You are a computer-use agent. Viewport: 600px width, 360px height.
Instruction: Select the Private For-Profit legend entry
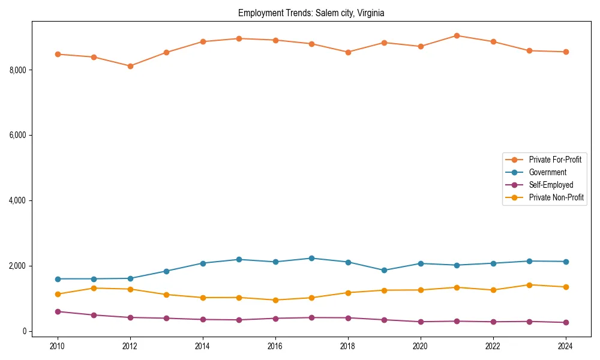555,160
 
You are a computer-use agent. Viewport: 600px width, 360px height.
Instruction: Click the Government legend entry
547,172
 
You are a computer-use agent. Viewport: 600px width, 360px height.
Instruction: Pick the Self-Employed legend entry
551,185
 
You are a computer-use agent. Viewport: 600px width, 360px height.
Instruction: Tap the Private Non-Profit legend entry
556,197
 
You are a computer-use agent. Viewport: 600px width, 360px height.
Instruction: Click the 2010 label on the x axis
58,346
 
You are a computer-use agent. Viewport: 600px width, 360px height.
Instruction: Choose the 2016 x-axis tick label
275,346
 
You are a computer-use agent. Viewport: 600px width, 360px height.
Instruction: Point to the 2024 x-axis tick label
565,346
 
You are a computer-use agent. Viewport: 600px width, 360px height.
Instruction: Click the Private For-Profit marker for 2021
457,35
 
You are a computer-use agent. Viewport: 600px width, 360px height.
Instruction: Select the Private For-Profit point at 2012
130,66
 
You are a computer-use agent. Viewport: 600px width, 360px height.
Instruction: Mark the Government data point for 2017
311,258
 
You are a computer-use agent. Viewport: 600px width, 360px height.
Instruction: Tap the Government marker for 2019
384,270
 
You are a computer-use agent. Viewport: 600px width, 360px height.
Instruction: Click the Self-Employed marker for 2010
58,311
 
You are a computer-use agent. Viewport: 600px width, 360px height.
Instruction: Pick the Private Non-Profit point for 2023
529,285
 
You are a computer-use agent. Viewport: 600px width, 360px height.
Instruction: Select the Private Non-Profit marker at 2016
275,300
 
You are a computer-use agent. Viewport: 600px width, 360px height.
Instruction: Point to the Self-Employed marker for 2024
565,322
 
